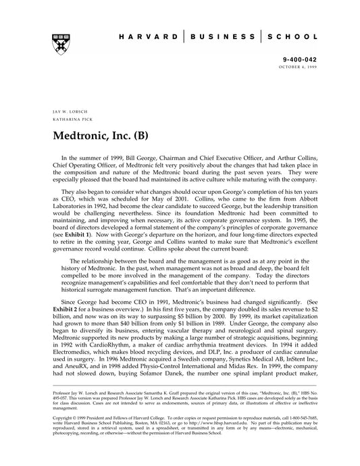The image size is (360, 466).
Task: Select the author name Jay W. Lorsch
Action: pyautogui.click(x=66, y=109)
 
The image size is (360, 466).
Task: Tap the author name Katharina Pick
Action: pyautogui.click(x=68, y=118)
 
